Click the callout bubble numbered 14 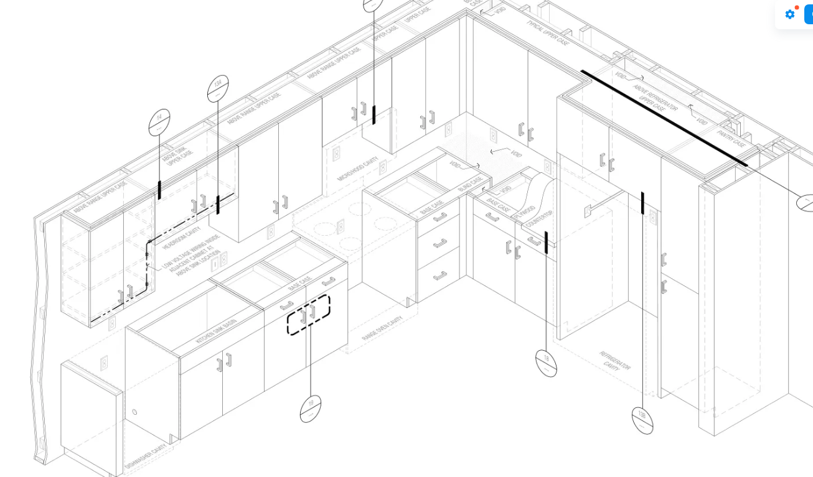(x=159, y=122)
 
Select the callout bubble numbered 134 (x=218, y=88)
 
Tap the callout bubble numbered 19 (x=311, y=409)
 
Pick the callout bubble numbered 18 (x=546, y=363)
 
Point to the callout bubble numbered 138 (x=642, y=420)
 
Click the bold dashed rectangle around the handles (x=308, y=315)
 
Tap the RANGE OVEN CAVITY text (x=382, y=328)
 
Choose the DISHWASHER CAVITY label (x=146, y=456)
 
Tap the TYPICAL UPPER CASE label (x=548, y=33)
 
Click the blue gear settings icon (x=790, y=14)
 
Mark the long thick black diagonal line (x=664, y=118)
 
